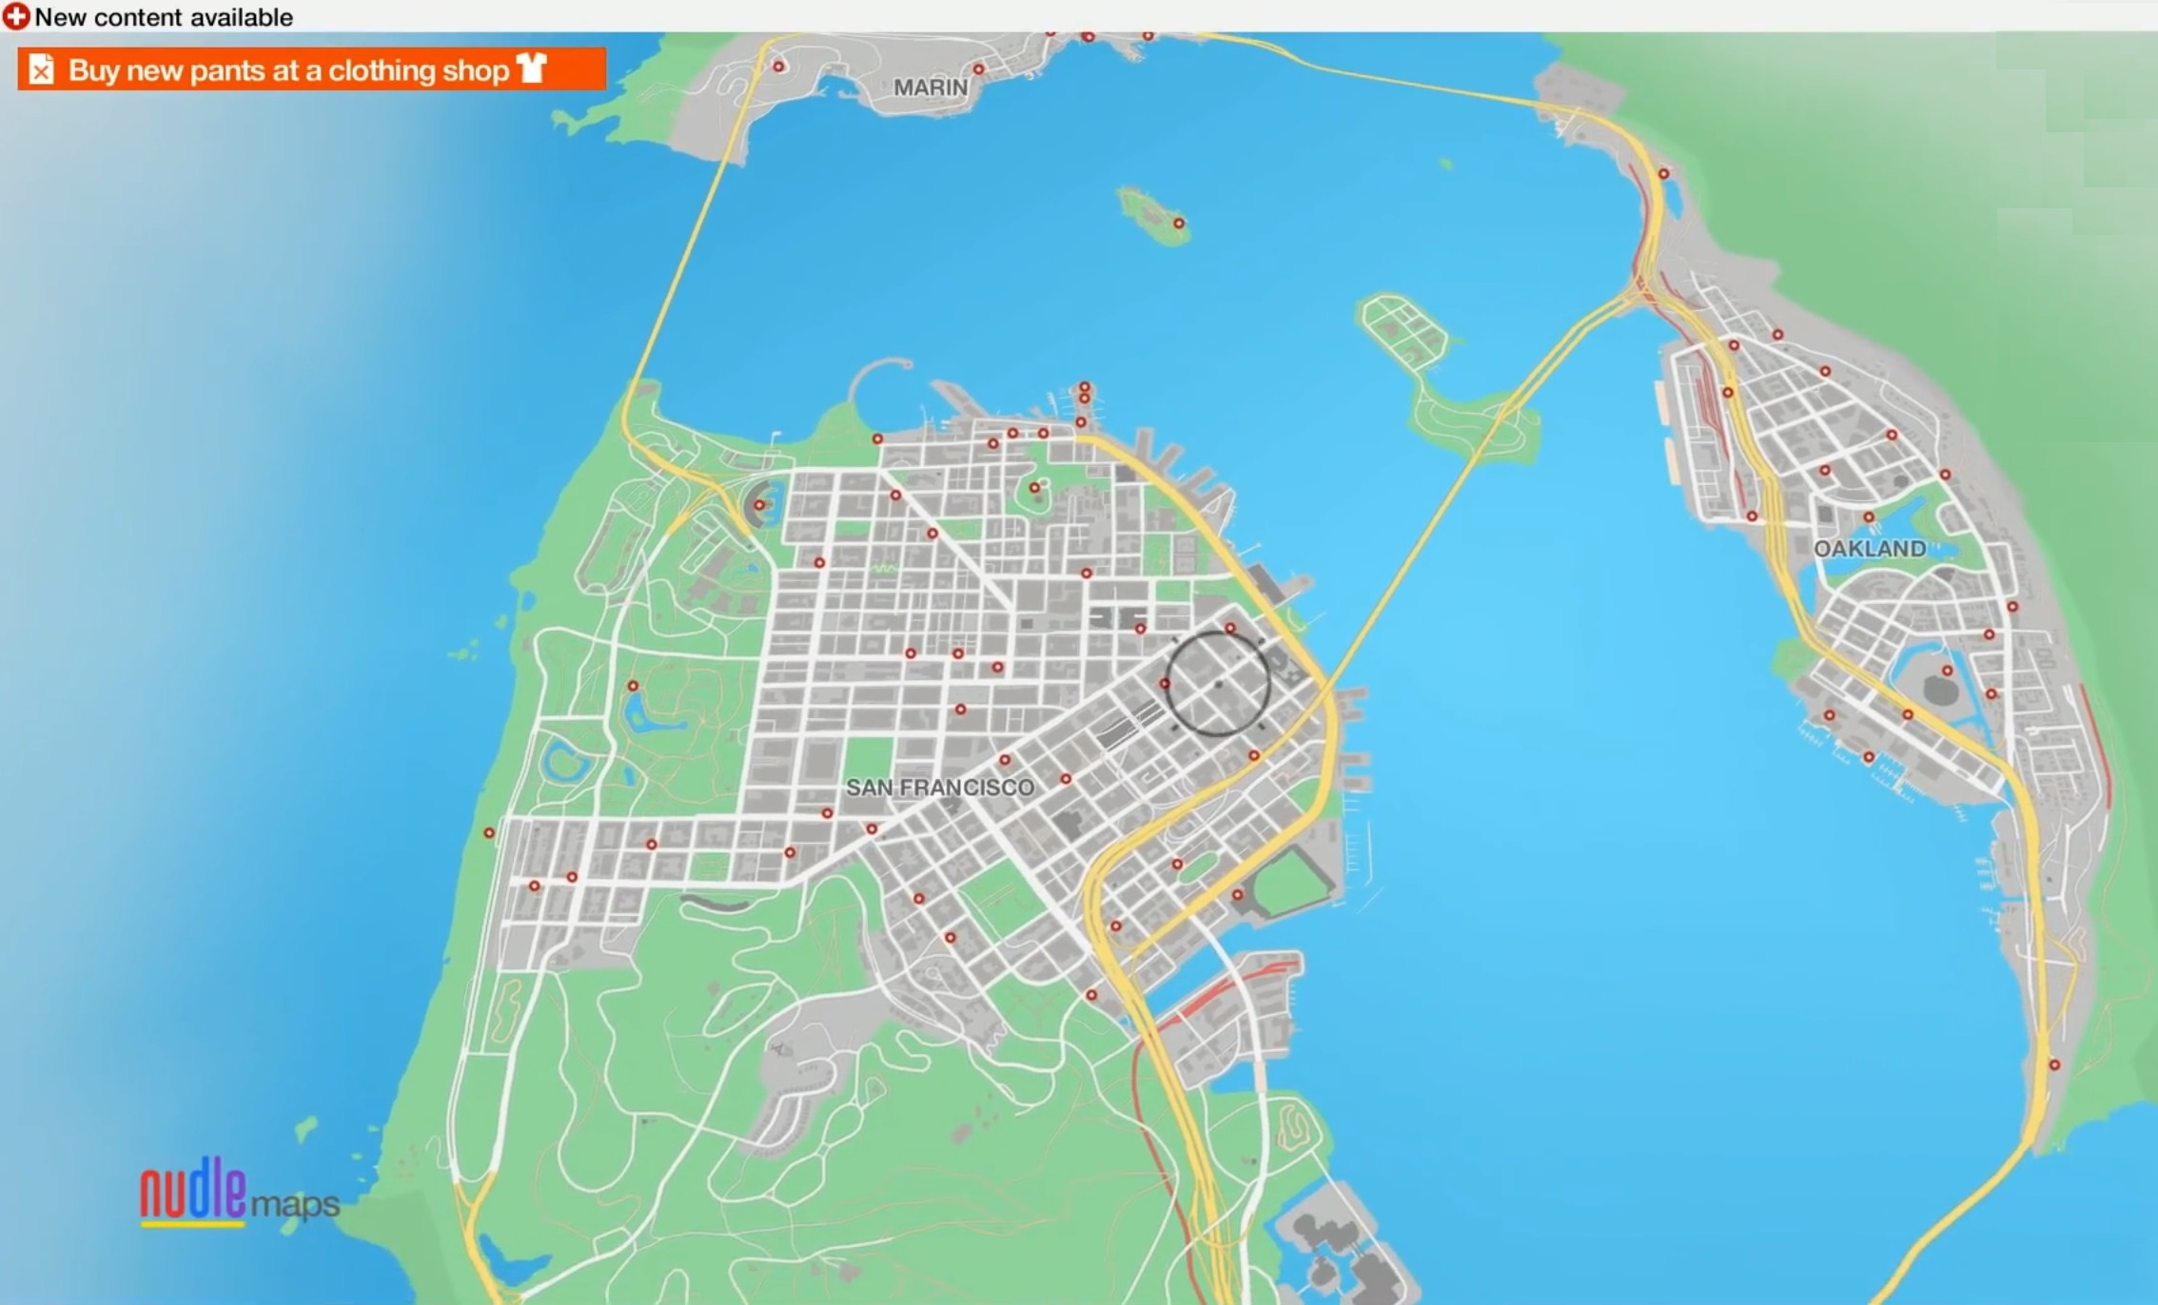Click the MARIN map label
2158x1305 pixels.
930,88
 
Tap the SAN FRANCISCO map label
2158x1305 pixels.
939,788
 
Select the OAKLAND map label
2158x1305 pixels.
1869,549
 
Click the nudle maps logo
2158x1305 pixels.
238,1193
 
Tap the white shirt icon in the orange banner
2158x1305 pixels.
531,68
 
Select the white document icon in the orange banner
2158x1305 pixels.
41,69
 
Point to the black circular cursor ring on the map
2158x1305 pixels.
1218,684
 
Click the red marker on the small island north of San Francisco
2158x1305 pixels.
1178,224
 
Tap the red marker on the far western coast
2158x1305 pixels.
489,833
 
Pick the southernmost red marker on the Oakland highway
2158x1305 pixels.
2053,1065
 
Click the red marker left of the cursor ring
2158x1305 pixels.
1165,684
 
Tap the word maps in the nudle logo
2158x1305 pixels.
295,1204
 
